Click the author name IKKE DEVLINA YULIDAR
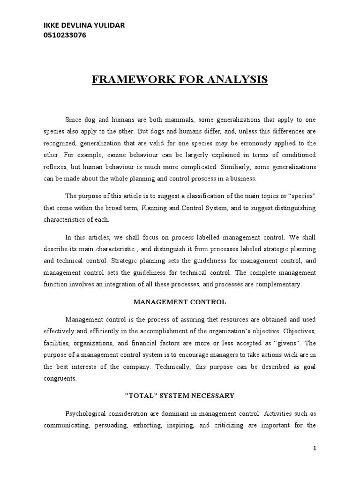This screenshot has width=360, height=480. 84,25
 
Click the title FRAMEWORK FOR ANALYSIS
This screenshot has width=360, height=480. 180,79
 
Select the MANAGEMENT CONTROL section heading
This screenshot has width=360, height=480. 180,302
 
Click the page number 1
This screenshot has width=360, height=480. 315,449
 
